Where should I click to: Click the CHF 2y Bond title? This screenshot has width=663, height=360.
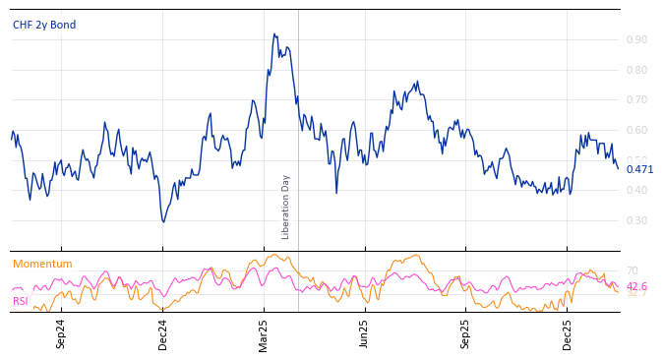(x=44, y=25)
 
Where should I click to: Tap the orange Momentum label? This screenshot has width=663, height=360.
(x=42, y=264)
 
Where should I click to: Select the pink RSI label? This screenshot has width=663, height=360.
(x=21, y=301)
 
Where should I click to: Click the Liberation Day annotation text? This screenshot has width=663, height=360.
(x=286, y=207)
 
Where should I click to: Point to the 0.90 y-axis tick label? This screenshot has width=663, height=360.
(x=636, y=40)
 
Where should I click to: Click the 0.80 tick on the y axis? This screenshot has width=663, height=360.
(x=636, y=70)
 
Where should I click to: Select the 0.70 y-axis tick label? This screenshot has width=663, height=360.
(x=636, y=100)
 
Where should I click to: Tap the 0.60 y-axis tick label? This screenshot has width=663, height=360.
(x=636, y=131)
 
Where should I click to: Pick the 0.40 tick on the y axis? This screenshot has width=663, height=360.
(x=636, y=191)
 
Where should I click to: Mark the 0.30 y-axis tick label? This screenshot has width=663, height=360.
(x=636, y=220)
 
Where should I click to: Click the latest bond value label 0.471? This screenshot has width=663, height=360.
(x=639, y=169)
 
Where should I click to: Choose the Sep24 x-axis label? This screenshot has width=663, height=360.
(x=61, y=333)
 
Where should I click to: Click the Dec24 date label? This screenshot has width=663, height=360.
(x=163, y=333)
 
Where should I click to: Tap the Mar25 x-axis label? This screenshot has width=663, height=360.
(x=264, y=333)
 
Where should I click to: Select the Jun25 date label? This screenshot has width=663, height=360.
(x=365, y=333)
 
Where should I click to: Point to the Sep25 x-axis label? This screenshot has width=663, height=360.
(x=466, y=333)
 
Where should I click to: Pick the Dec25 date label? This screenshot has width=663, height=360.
(x=568, y=333)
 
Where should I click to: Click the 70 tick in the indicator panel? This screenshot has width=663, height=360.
(x=633, y=270)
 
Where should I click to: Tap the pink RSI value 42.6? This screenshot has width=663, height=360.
(x=636, y=286)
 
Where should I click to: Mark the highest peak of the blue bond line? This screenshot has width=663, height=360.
(x=274, y=34)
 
